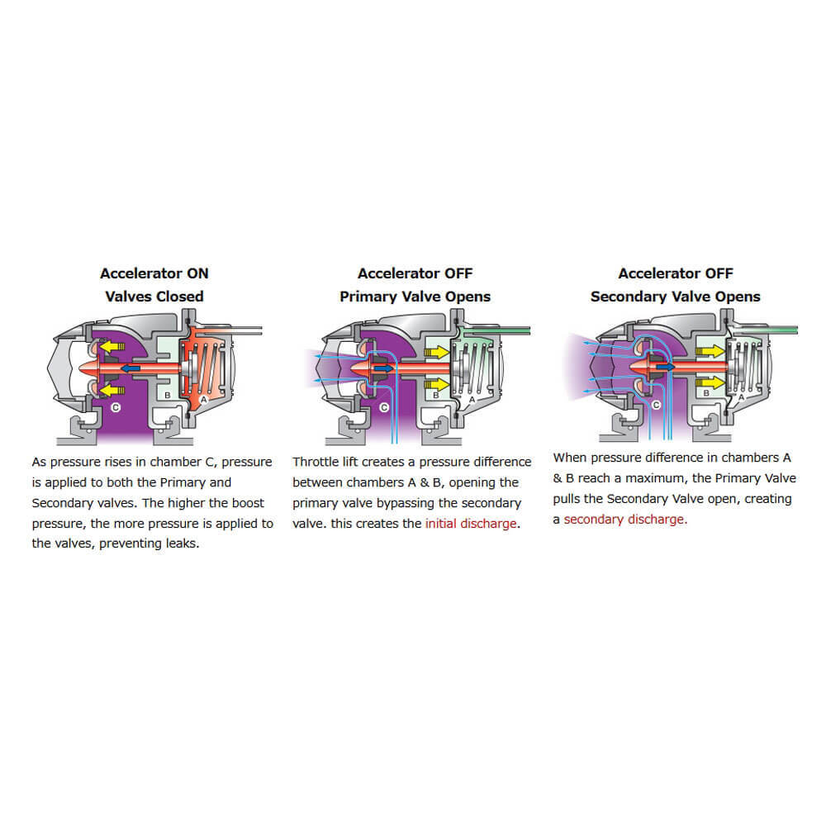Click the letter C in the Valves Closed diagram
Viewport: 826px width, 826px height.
[x=115, y=407]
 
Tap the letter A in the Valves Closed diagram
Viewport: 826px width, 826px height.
[x=204, y=398]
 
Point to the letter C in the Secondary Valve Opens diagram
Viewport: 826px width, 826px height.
[x=656, y=406]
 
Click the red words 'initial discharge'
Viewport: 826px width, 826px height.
[x=471, y=525]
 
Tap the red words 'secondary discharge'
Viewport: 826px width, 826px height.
[x=624, y=520]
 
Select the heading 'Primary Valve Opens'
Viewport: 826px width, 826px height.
[x=415, y=297]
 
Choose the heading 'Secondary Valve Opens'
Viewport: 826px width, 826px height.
[x=675, y=297]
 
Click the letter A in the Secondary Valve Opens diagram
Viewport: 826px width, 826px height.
[x=740, y=396]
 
